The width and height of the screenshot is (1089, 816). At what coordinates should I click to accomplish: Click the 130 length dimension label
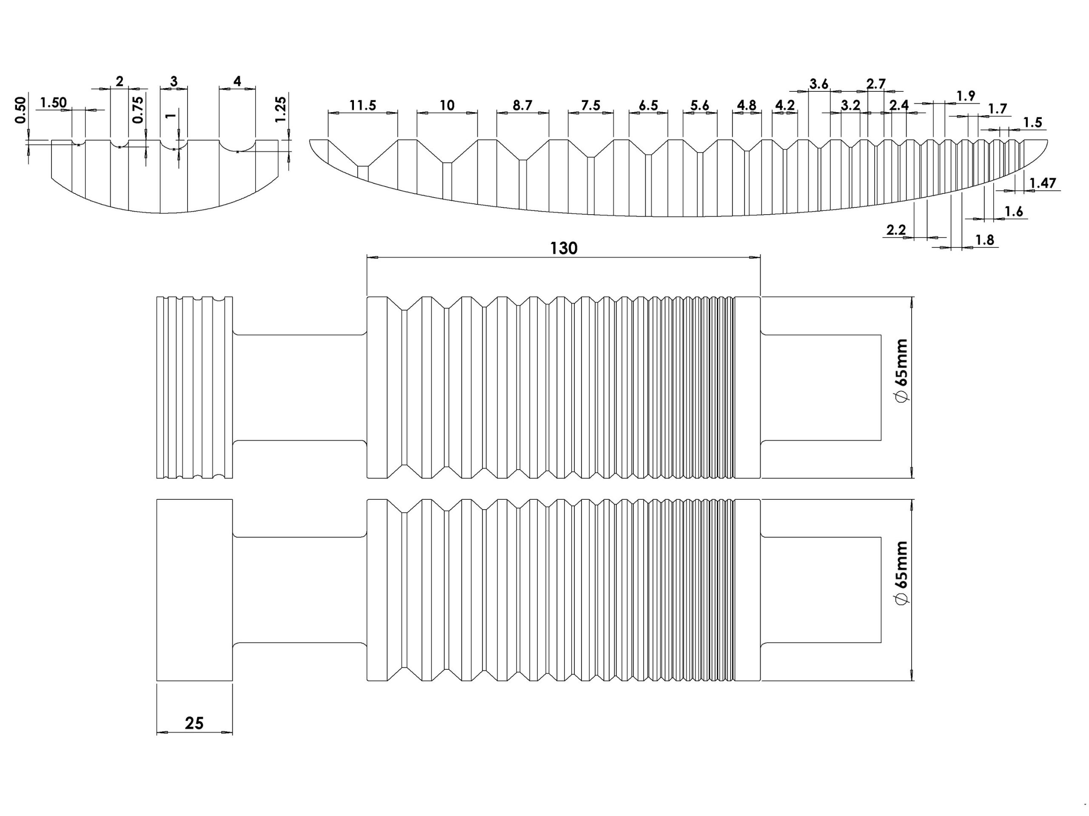pos(563,248)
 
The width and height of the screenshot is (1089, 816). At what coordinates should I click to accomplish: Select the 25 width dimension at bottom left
pos(194,723)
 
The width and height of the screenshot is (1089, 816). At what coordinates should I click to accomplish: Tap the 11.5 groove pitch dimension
pos(363,105)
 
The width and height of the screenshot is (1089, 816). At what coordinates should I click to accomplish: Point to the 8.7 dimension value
pos(522,105)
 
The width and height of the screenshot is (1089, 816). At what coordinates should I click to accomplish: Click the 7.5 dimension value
pos(590,105)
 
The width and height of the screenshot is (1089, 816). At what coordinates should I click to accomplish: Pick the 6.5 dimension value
pos(648,105)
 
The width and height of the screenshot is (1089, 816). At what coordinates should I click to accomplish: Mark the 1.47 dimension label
pos(1043,184)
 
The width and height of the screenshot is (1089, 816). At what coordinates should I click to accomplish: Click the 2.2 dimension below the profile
pos(896,229)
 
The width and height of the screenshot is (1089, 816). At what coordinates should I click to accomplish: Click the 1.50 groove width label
pos(53,103)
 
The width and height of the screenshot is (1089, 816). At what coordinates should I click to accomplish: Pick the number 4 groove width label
pos(237,81)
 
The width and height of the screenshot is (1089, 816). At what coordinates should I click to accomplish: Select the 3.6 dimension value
pos(819,84)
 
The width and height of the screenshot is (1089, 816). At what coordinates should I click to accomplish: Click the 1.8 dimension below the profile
pos(985,240)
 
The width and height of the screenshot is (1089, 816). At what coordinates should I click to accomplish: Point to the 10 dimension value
pos(447,105)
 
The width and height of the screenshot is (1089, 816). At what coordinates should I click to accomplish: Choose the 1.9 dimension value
pos(966,96)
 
